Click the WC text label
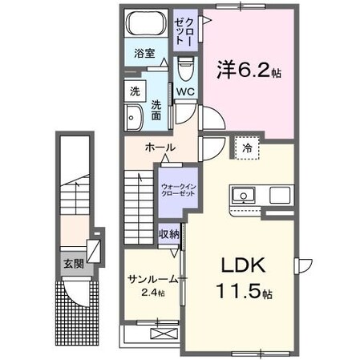point(185,91)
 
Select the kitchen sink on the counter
point(242,195)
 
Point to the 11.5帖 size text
point(240,291)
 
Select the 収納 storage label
point(168,233)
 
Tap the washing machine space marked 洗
point(134,91)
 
